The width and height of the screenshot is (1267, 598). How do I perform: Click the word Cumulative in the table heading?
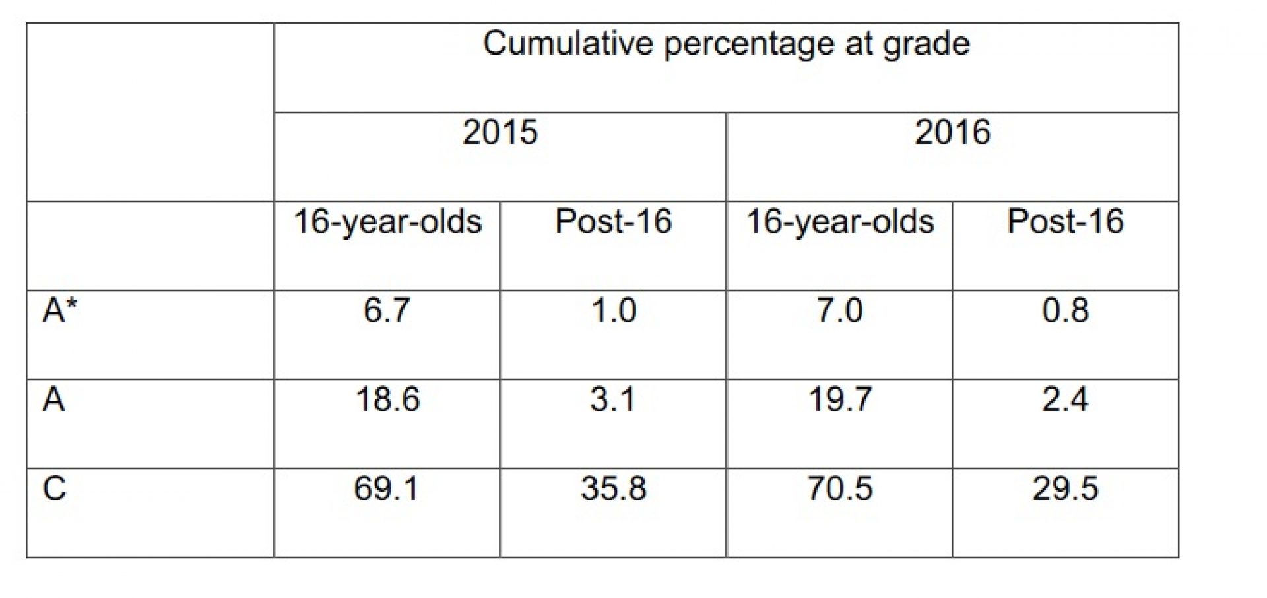click(x=568, y=44)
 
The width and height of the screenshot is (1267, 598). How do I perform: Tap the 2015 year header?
click(x=500, y=132)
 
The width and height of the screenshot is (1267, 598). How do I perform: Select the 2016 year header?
click(x=952, y=132)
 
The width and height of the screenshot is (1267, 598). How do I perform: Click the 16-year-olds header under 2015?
click(x=387, y=222)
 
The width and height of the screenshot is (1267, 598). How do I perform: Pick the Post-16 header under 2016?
click(x=1065, y=222)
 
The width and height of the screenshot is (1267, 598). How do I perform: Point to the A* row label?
click(x=59, y=310)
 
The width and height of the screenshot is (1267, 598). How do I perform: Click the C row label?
click(x=54, y=489)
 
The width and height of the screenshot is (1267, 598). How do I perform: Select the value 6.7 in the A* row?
click(x=387, y=310)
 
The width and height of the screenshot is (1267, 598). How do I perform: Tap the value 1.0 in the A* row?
click(x=614, y=310)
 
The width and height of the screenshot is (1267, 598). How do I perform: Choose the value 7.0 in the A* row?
click(x=839, y=310)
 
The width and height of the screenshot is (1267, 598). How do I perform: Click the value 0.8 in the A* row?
click(x=1065, y=310)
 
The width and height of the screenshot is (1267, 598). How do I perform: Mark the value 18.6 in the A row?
click(x=387, y=400)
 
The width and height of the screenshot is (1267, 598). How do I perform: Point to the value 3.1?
click(x=612, y=400)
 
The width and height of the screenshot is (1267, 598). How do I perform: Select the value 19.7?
click(x=840, y=400)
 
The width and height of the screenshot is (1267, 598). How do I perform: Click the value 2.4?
click(x=1064, y=400)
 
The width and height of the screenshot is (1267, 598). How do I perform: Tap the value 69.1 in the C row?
click(x=386, y=489)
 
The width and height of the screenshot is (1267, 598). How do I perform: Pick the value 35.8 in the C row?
click(x=613, y=489)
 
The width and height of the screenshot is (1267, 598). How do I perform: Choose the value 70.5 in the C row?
click(x=840, y=489)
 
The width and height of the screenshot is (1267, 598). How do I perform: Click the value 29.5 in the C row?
click(x=1065, y=489)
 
